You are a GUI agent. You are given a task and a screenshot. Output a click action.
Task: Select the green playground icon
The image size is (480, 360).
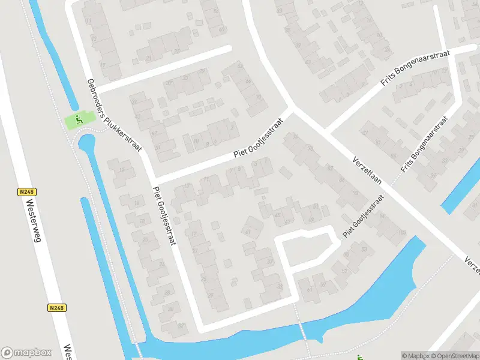click(x=78, y=120)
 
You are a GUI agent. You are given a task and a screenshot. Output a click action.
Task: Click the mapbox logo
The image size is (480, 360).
click(x=26, y=352)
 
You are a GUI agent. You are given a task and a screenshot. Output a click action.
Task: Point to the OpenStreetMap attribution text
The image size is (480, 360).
click(x=454, y=356)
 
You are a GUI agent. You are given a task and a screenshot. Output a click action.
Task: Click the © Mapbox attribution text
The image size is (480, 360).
click(x=416, y=356)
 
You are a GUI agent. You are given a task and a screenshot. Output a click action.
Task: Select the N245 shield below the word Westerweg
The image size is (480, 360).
click(x=56, y=308)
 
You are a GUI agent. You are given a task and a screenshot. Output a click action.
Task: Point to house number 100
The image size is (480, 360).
click(x=402, y=232)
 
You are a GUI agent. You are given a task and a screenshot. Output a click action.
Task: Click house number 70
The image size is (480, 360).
click(x=259, y=97)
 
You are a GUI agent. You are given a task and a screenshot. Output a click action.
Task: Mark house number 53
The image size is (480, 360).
click(x=364, y=248)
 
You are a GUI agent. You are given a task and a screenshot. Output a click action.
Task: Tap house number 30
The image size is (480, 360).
click(x=170, y=310)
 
